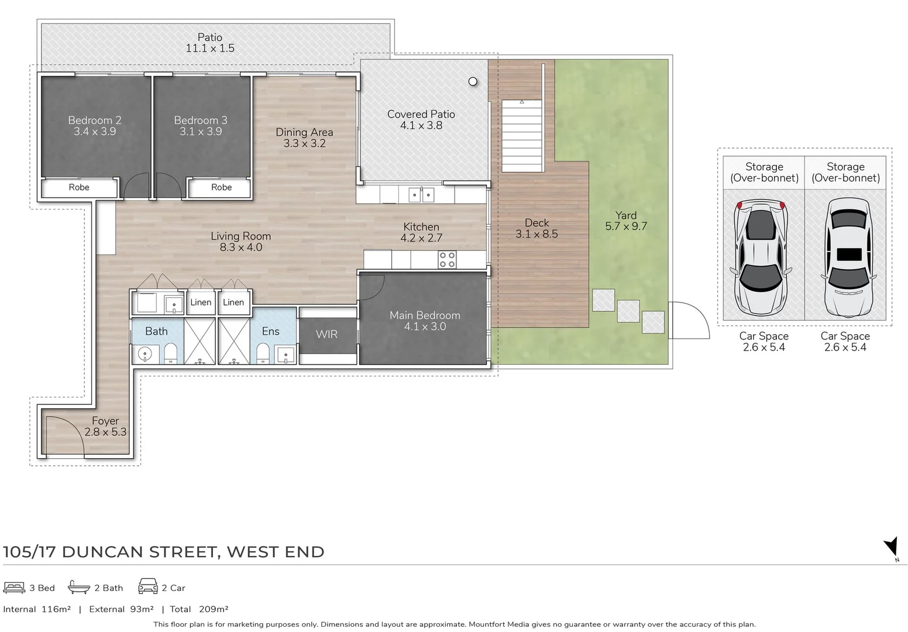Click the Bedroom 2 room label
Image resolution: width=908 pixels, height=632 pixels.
[x=94, y=120]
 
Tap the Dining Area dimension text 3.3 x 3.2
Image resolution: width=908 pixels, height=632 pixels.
[x=304, y=143]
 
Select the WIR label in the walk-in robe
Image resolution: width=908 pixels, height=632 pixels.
[x=326, y=334]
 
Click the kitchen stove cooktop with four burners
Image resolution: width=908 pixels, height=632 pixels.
[x=447, y=259]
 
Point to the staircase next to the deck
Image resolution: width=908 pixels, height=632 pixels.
[x=522, y=136]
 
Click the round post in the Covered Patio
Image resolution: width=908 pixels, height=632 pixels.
[x=473, y=81]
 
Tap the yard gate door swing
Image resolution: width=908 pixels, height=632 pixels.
[x=689, y=320]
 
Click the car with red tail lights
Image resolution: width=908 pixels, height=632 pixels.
[x=760, y=258]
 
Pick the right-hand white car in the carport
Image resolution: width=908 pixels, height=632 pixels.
[x=848, y=258]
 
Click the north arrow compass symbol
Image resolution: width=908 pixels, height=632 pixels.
[x=891, y=548]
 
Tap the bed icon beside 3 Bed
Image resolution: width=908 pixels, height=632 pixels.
[x=14, y=588]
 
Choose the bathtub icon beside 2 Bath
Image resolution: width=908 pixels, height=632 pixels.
[x=79, y=588]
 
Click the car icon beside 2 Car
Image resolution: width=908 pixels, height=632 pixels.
[x=147, y=587]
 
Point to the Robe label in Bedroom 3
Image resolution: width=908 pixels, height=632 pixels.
[x=221, y=187]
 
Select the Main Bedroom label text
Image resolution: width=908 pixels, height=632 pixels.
[x=425, y=315]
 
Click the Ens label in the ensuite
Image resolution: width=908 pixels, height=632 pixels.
[x=270, y=331]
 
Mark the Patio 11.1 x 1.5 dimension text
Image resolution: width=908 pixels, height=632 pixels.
[x=210, y=48]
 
